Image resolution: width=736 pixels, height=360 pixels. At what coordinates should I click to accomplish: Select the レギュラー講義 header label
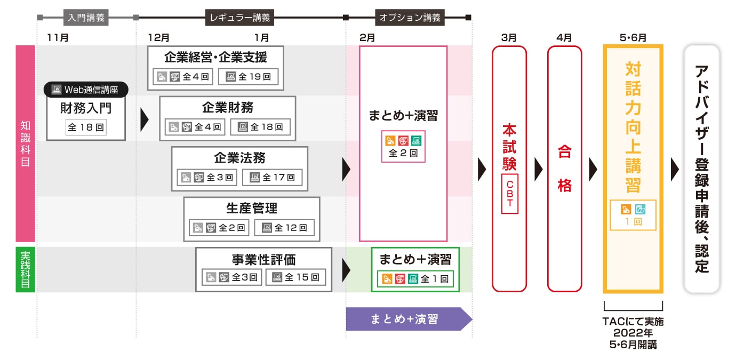pyautogui.click(x=238, y=18)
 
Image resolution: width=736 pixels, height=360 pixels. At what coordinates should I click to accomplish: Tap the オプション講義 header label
pyautogui.click(x=410, y=18)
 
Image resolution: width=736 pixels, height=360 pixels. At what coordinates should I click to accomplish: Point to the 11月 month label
pyautogui.click(x=58, y=38)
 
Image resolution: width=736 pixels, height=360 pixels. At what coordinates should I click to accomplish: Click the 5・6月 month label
pyautogui.click(x=633, y=38)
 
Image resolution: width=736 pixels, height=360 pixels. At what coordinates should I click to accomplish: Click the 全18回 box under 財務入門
pyautogui.click(x=86, y=127)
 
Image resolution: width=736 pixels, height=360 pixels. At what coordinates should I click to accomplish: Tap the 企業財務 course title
pyautogui.click(x=228, y=107)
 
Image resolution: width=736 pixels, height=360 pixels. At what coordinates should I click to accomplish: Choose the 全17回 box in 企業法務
pyautogui.click(x=272, y=177)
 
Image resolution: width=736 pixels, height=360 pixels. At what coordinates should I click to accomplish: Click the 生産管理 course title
pyautogui.click(x=252, y=207)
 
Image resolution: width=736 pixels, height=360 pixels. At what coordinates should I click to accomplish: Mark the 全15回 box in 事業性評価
pyautogui.click(x=295, y=277)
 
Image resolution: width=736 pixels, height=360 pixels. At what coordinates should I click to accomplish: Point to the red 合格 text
pyautogui.click(x=564, y=169)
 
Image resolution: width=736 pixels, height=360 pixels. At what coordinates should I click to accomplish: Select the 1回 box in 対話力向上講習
pyautogui.click(x=633, y=215)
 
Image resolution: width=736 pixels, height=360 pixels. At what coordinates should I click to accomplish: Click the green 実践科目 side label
pyautogui.click(x=25, y=269)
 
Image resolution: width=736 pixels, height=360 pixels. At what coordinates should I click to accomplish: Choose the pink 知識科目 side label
pyautogui.click(x=25, y=144)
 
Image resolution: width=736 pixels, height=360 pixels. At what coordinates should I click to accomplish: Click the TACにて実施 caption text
pyautogui.click(x=633, y=322)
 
